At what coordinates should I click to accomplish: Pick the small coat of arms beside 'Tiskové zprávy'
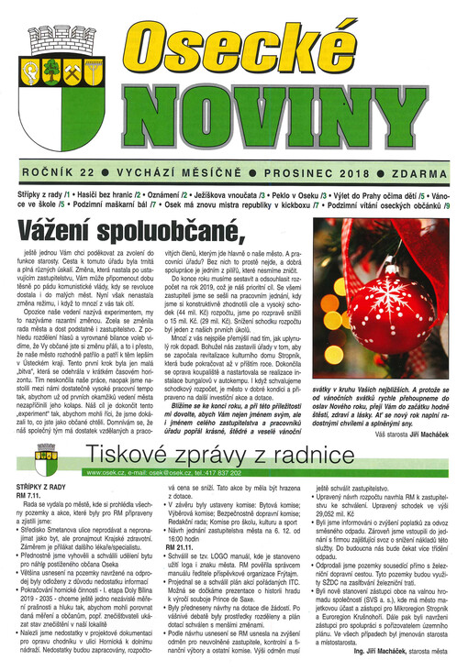pos(47,456)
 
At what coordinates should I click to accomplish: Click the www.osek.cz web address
pos(105,472)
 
